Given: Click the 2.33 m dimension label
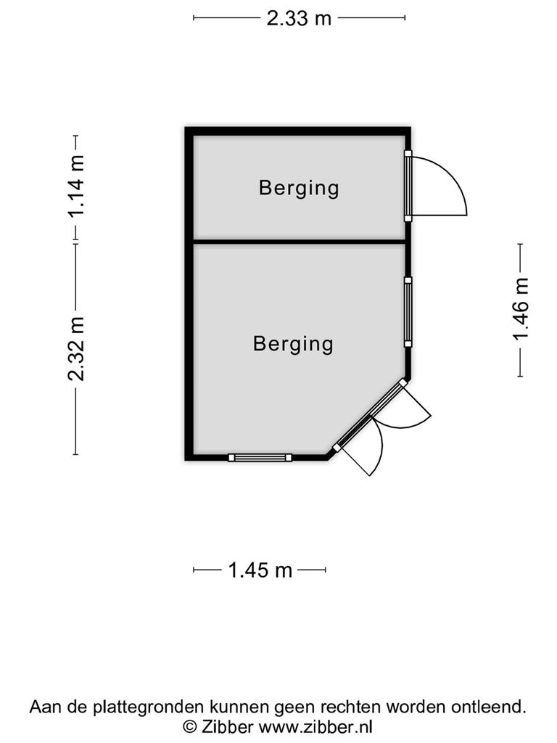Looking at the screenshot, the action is [299, 18].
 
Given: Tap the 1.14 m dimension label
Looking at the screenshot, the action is [75, 186].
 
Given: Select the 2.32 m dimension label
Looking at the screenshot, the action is [75, 349].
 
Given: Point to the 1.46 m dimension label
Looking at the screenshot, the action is [520, 309].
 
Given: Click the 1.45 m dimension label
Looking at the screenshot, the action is [260, 570].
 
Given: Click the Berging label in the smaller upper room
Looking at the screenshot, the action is [299, 189].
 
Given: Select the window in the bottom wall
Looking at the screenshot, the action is [260, 457].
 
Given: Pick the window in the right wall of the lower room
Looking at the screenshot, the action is [408, 312].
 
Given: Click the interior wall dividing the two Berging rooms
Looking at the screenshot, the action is [299, 242].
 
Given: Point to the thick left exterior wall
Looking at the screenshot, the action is [189, 294].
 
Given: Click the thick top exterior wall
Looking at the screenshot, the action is [297, 131].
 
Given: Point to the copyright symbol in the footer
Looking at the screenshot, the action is [190, 726].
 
